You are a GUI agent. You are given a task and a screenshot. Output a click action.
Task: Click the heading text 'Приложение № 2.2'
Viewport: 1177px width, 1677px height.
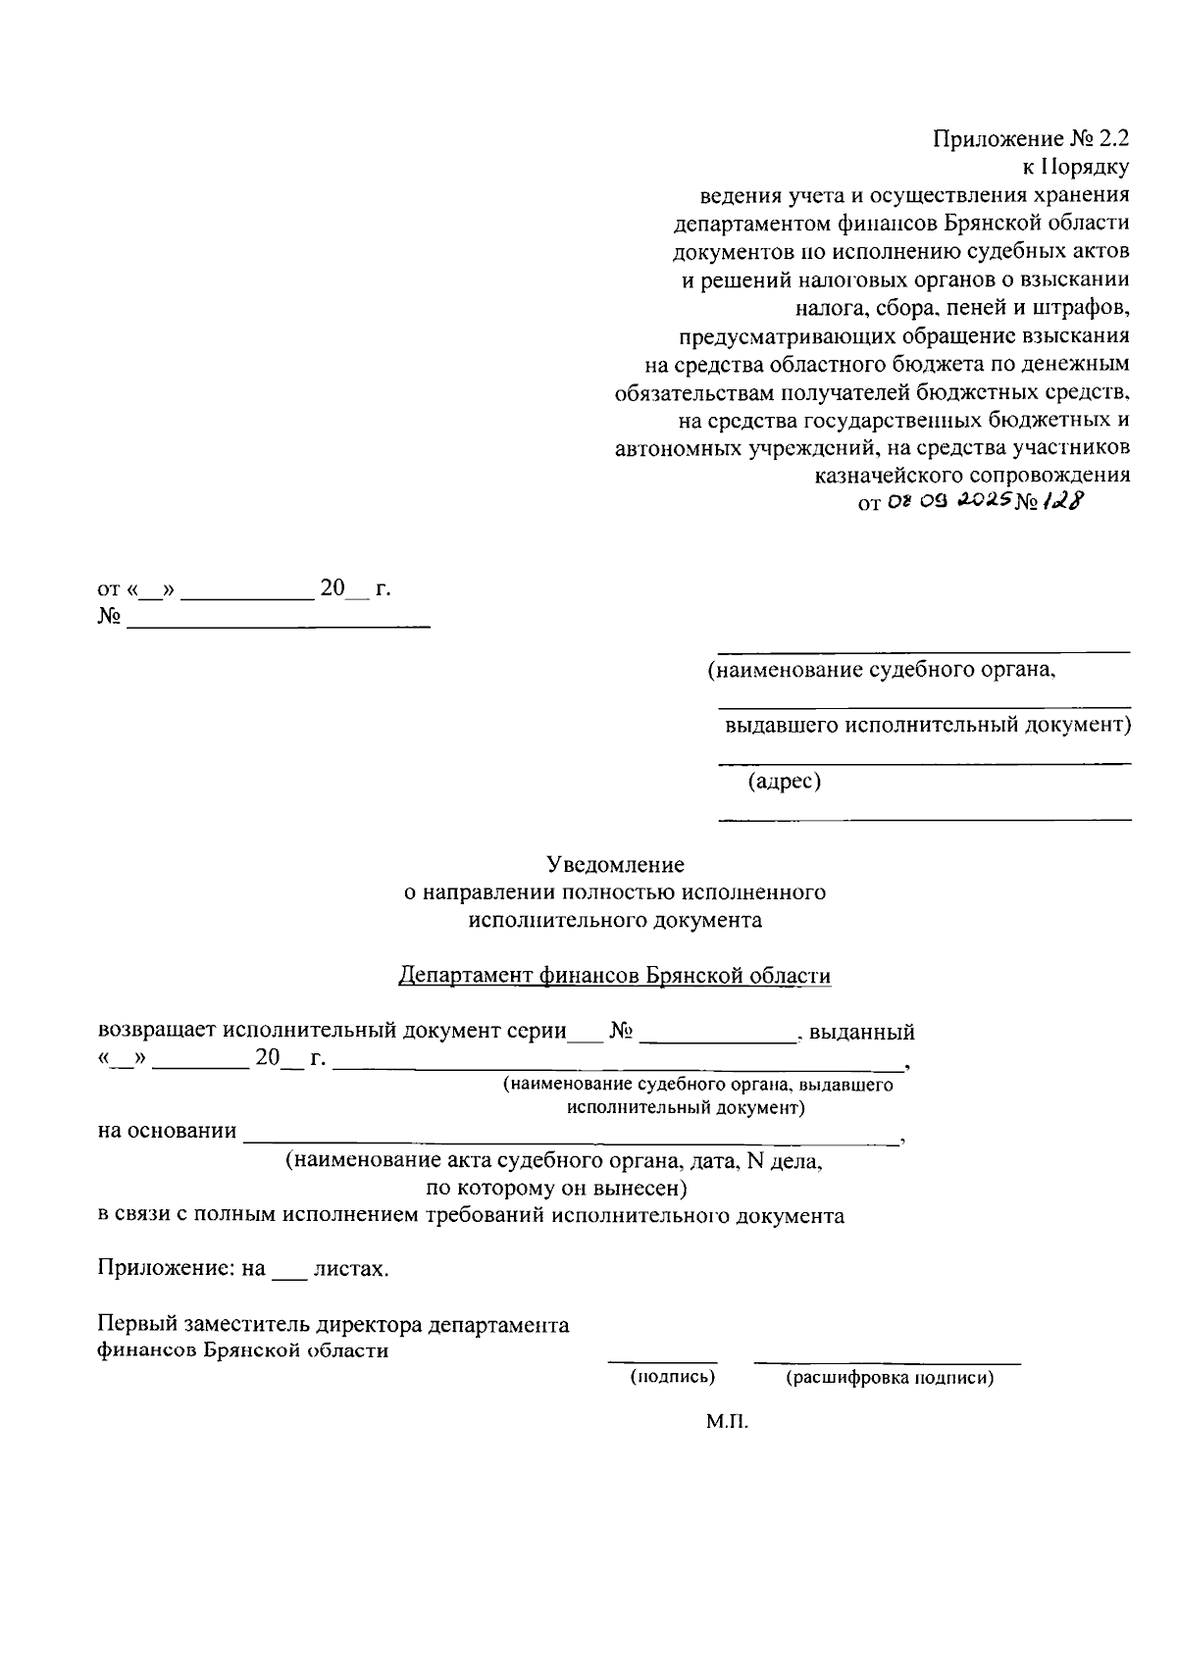1031,139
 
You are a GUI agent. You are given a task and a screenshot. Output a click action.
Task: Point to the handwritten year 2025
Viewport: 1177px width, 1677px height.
980,501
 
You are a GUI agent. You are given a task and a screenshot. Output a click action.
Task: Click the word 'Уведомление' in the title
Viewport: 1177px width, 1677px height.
615,865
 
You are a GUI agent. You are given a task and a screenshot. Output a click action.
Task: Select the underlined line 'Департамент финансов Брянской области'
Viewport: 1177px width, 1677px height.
615,977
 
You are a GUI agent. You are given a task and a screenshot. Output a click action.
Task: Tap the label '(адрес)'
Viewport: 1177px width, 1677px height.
784,782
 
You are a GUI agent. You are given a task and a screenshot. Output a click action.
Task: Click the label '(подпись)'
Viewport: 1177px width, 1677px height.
672,1377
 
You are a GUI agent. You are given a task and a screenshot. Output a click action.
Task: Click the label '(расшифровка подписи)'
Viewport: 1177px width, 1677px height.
890,1377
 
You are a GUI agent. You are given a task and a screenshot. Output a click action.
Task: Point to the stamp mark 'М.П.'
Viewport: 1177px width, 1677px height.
727,1421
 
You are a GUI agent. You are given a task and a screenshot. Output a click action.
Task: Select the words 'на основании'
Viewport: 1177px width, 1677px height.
167,1131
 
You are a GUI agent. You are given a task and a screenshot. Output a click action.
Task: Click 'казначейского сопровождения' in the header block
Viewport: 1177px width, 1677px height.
972,475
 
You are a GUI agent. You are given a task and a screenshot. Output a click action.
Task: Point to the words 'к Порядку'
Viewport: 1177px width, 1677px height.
1076,168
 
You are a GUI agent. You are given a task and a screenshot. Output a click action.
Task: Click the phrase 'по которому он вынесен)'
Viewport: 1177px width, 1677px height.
555,1189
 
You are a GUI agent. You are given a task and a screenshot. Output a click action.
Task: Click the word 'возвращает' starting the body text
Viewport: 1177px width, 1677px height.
157,1032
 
